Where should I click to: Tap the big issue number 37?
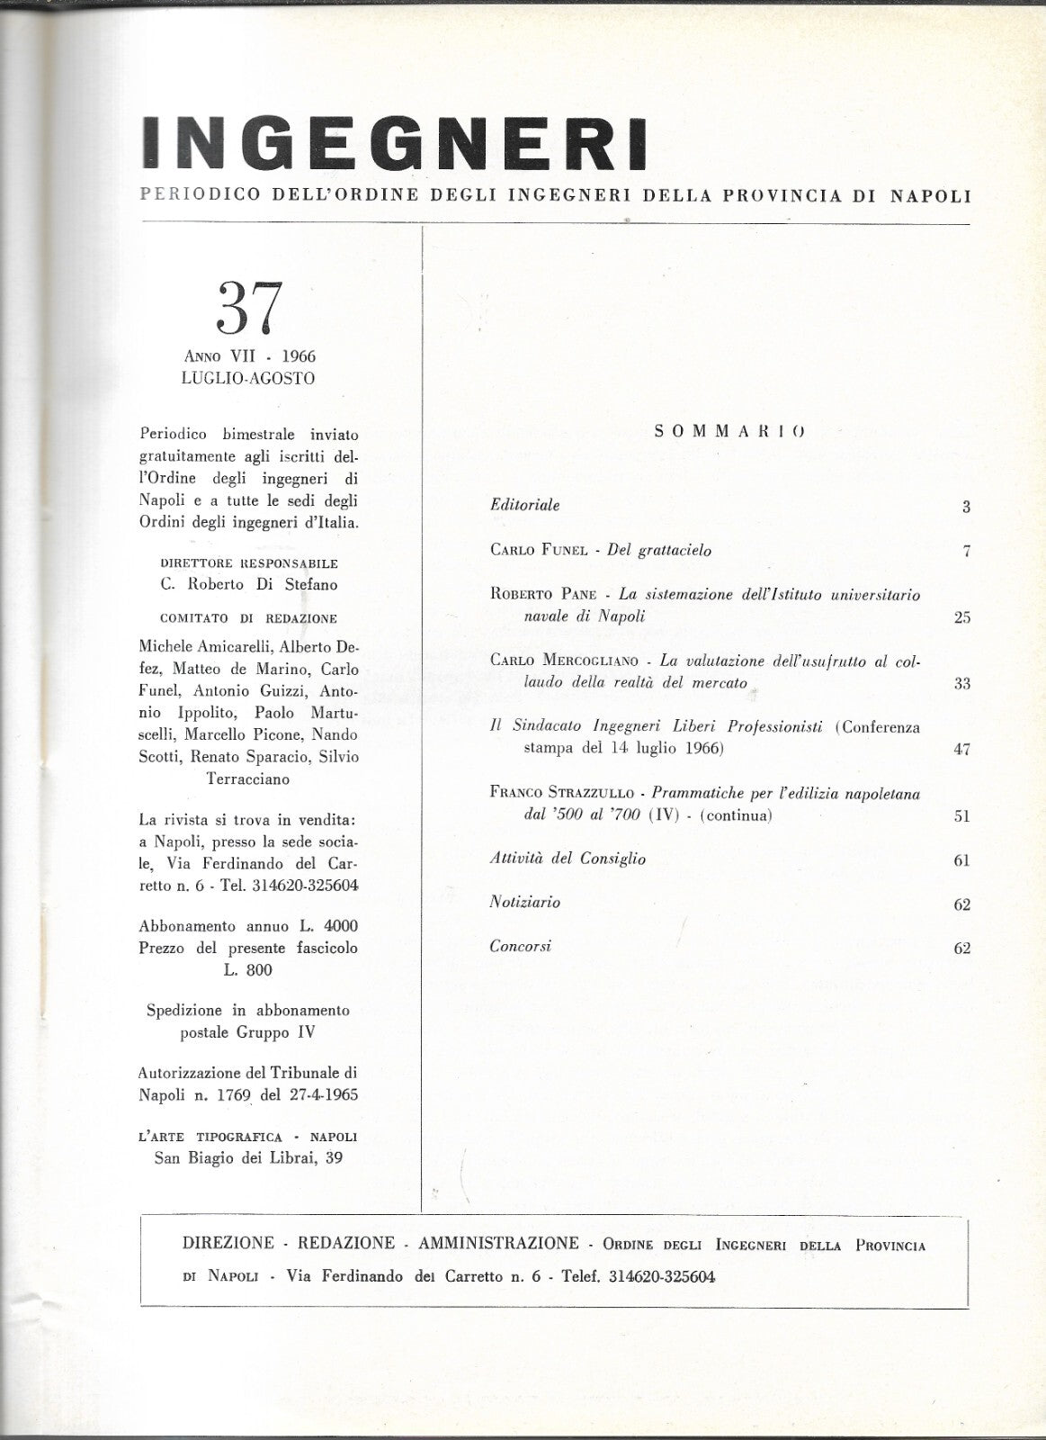click(249, 309)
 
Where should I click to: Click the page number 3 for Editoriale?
click(966, 507)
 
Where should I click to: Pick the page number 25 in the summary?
click(961, 617)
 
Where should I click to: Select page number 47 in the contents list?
click(961, 749)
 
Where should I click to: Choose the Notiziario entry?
click(525, 902)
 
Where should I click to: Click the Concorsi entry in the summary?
click(520, 946)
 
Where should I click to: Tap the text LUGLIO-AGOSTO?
click(248, 378)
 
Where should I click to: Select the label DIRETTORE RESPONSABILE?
click(248, 563)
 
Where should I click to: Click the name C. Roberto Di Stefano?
click(248, 584)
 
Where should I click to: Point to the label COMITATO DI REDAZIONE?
click(248, 618)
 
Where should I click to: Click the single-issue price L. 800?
click(248, 969)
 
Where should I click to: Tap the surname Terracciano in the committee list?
click(248, 779)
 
